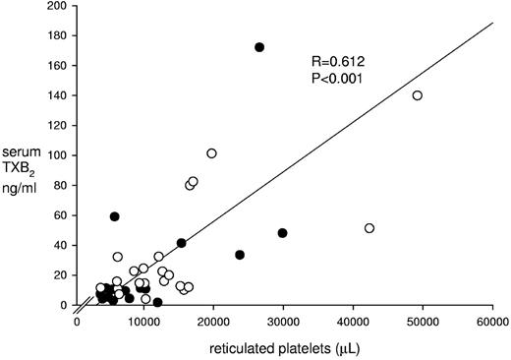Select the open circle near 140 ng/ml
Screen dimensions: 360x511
(418, 95)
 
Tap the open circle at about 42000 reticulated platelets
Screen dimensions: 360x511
(369, 228)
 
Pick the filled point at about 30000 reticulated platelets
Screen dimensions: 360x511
(282, 233)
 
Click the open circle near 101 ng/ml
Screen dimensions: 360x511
(211, 153)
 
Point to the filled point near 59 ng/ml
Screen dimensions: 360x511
(114, 216)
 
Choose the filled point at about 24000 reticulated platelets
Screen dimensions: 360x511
(240, 255)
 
